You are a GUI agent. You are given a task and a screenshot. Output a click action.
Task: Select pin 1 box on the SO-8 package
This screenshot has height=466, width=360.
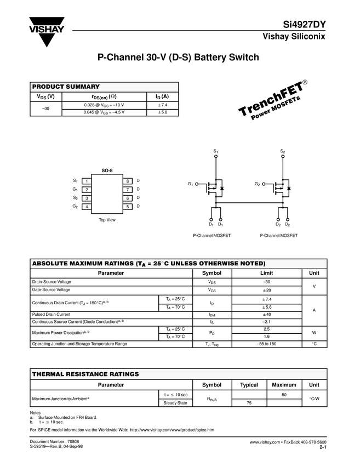(86, 181)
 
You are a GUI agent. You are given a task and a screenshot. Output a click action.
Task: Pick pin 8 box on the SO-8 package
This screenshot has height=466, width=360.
(127, 181)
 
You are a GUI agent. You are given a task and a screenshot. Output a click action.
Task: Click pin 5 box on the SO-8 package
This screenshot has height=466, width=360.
(127, 206)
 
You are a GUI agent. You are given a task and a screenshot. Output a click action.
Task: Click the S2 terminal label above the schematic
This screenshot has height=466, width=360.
(283, 151)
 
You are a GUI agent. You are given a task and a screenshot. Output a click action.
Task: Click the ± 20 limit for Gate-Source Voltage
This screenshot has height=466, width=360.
(267, 290)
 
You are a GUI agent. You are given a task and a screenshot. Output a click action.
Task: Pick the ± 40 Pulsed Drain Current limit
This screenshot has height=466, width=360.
(267, 315)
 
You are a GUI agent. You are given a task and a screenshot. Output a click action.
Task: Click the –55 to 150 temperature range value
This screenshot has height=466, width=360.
(267, 344)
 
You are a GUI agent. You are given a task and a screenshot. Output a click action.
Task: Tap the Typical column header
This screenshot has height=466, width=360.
(249, 385)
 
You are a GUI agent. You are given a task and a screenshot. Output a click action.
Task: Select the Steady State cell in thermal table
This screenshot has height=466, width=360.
(175, 403)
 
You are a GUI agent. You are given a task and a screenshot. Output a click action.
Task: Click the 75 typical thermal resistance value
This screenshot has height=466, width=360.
(249, 403)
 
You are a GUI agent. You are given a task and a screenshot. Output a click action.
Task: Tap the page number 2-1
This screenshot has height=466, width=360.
(323, 447)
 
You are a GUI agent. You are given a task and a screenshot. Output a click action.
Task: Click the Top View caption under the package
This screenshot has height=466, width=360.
(107, 220)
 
